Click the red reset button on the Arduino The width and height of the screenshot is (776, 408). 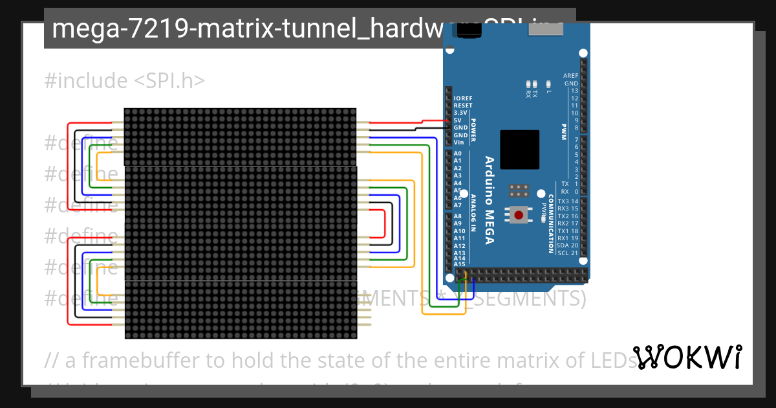[519, 214]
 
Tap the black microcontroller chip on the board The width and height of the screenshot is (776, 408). [519, 150]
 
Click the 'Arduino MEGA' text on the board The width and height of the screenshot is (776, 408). [490, 200]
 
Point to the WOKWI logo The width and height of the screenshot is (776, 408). [687, 357]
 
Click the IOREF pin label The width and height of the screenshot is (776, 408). [463, 98]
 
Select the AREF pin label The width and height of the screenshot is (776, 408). [570, 76]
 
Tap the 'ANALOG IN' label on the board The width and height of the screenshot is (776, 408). [473, 212]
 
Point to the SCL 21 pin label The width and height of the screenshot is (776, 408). [567, 253]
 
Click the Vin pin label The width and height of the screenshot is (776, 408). [458, 142]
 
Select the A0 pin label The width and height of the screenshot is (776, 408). [458, 153]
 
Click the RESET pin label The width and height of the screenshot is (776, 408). [463, 106]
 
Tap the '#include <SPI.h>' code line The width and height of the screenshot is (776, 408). [125, 81]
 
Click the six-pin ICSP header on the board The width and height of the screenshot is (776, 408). [519, 190]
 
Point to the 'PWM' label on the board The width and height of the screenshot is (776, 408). [563, 131]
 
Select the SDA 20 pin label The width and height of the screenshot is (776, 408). [567, 245]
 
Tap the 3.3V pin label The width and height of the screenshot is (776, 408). [460, 113]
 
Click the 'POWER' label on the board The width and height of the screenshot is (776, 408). [473, 130]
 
